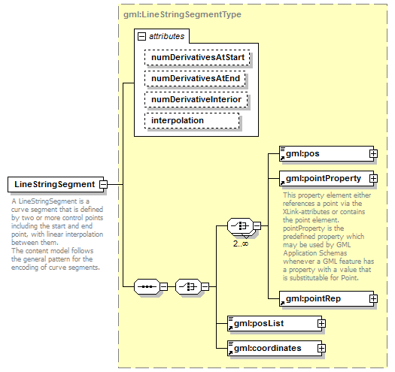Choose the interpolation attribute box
click(191, 120)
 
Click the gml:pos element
click(323, 153)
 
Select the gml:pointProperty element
click(323, 179)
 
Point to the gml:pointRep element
click(323, 298)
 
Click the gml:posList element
click(272, 323)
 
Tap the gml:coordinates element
click(272, 348)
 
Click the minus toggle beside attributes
click(140, 35)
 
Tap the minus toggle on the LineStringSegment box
click(104, 184)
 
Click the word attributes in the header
click(166, 35)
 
